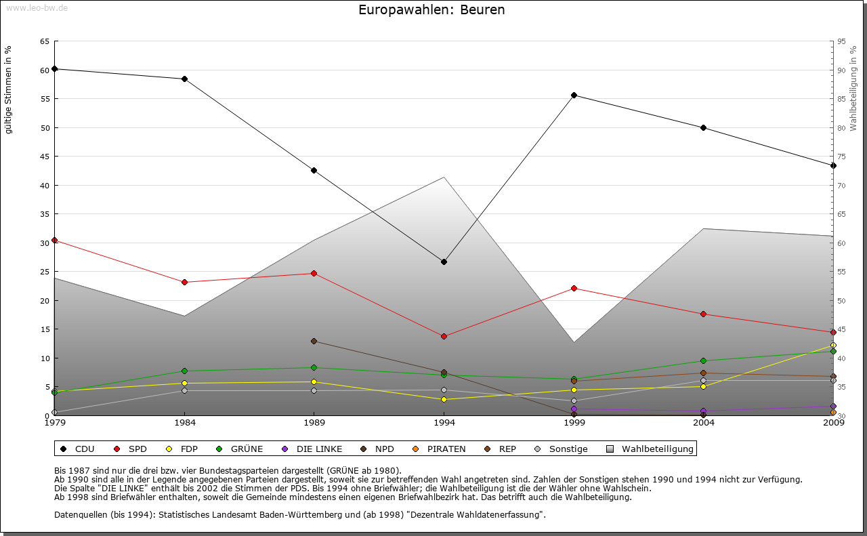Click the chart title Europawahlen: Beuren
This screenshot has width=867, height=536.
(431, 10)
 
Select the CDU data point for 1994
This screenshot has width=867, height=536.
(444, 262)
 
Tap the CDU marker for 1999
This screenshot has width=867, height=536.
(574, 95)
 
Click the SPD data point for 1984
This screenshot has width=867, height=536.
(184, 282)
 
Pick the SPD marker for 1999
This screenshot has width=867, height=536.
(574, 288)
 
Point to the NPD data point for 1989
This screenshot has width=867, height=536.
(314, 341)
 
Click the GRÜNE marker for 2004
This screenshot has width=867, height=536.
(704, 360)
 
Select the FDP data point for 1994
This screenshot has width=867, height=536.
(444, 399)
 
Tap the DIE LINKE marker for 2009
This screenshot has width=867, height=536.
(833, 407)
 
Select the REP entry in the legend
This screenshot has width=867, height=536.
(507, 449)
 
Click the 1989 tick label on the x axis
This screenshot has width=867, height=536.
(314, 424)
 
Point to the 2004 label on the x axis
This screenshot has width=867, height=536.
(704, 424)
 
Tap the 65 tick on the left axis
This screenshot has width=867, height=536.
(45, 41)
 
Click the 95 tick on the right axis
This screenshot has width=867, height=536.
(842, 41)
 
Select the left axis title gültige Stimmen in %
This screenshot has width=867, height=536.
(9, 90)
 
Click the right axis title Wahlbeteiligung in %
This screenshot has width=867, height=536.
(853, 89)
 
